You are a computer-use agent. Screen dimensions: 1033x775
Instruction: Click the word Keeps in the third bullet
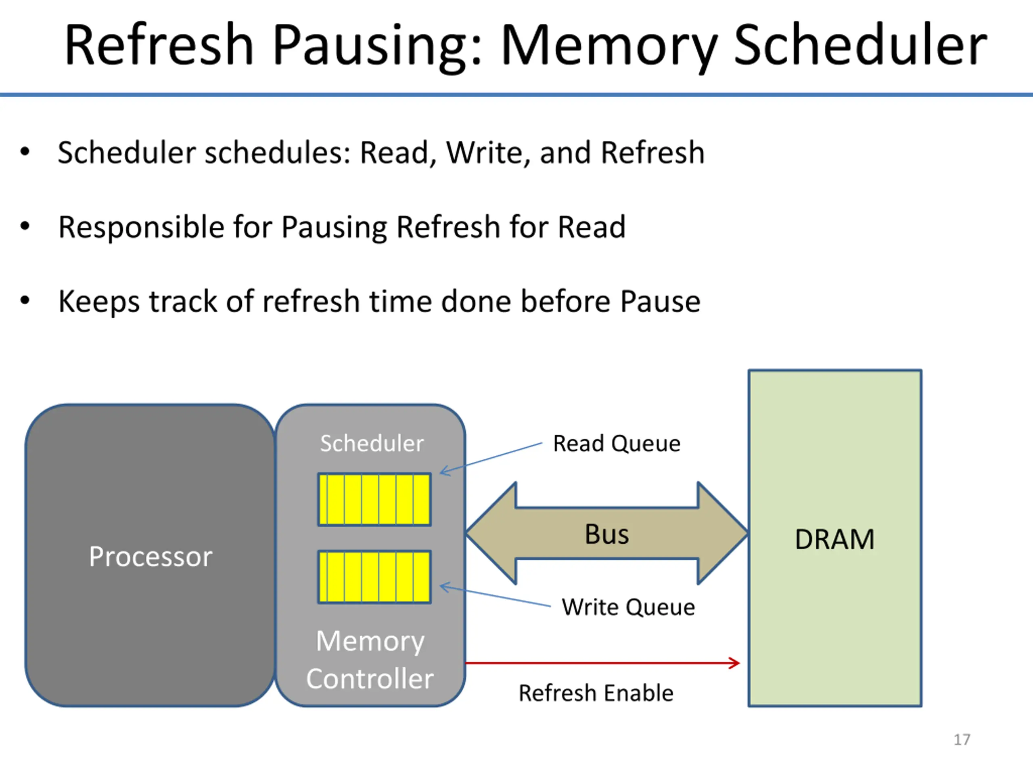pyautogui.click(x=98, y=302)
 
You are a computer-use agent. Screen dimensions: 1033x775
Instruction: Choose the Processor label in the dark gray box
pyautogui.click(x=151, y=557)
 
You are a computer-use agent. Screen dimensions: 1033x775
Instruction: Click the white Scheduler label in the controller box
pyautogui.click(x=372, y=443)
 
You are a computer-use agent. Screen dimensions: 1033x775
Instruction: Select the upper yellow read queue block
pyautogui.click(x=374, y=500)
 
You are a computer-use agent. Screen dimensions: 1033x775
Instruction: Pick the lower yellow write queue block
pyautogui.click(x=374, y=577)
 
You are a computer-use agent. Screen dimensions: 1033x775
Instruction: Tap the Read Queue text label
pyautogui.click(x=617, y=444)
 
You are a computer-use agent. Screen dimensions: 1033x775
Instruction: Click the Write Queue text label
pyautogui.click(x=628, y=608)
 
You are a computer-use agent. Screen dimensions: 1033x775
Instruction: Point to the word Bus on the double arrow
pyautogui.click(x=606, y=534)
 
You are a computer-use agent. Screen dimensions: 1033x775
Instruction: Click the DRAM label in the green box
pyautogui.click(x=834, y=540)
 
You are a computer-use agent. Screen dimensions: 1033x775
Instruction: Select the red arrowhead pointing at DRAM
pyautogui.click(x=734, y=663)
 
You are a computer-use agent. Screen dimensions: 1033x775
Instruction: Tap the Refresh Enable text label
pyautogui.click(x=596, y=693)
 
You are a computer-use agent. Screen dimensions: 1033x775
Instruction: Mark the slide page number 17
pyautogui.click(x=962, y=740)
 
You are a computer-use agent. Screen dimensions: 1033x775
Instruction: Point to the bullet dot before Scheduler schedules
pyautogui.click(x=25, y=151)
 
